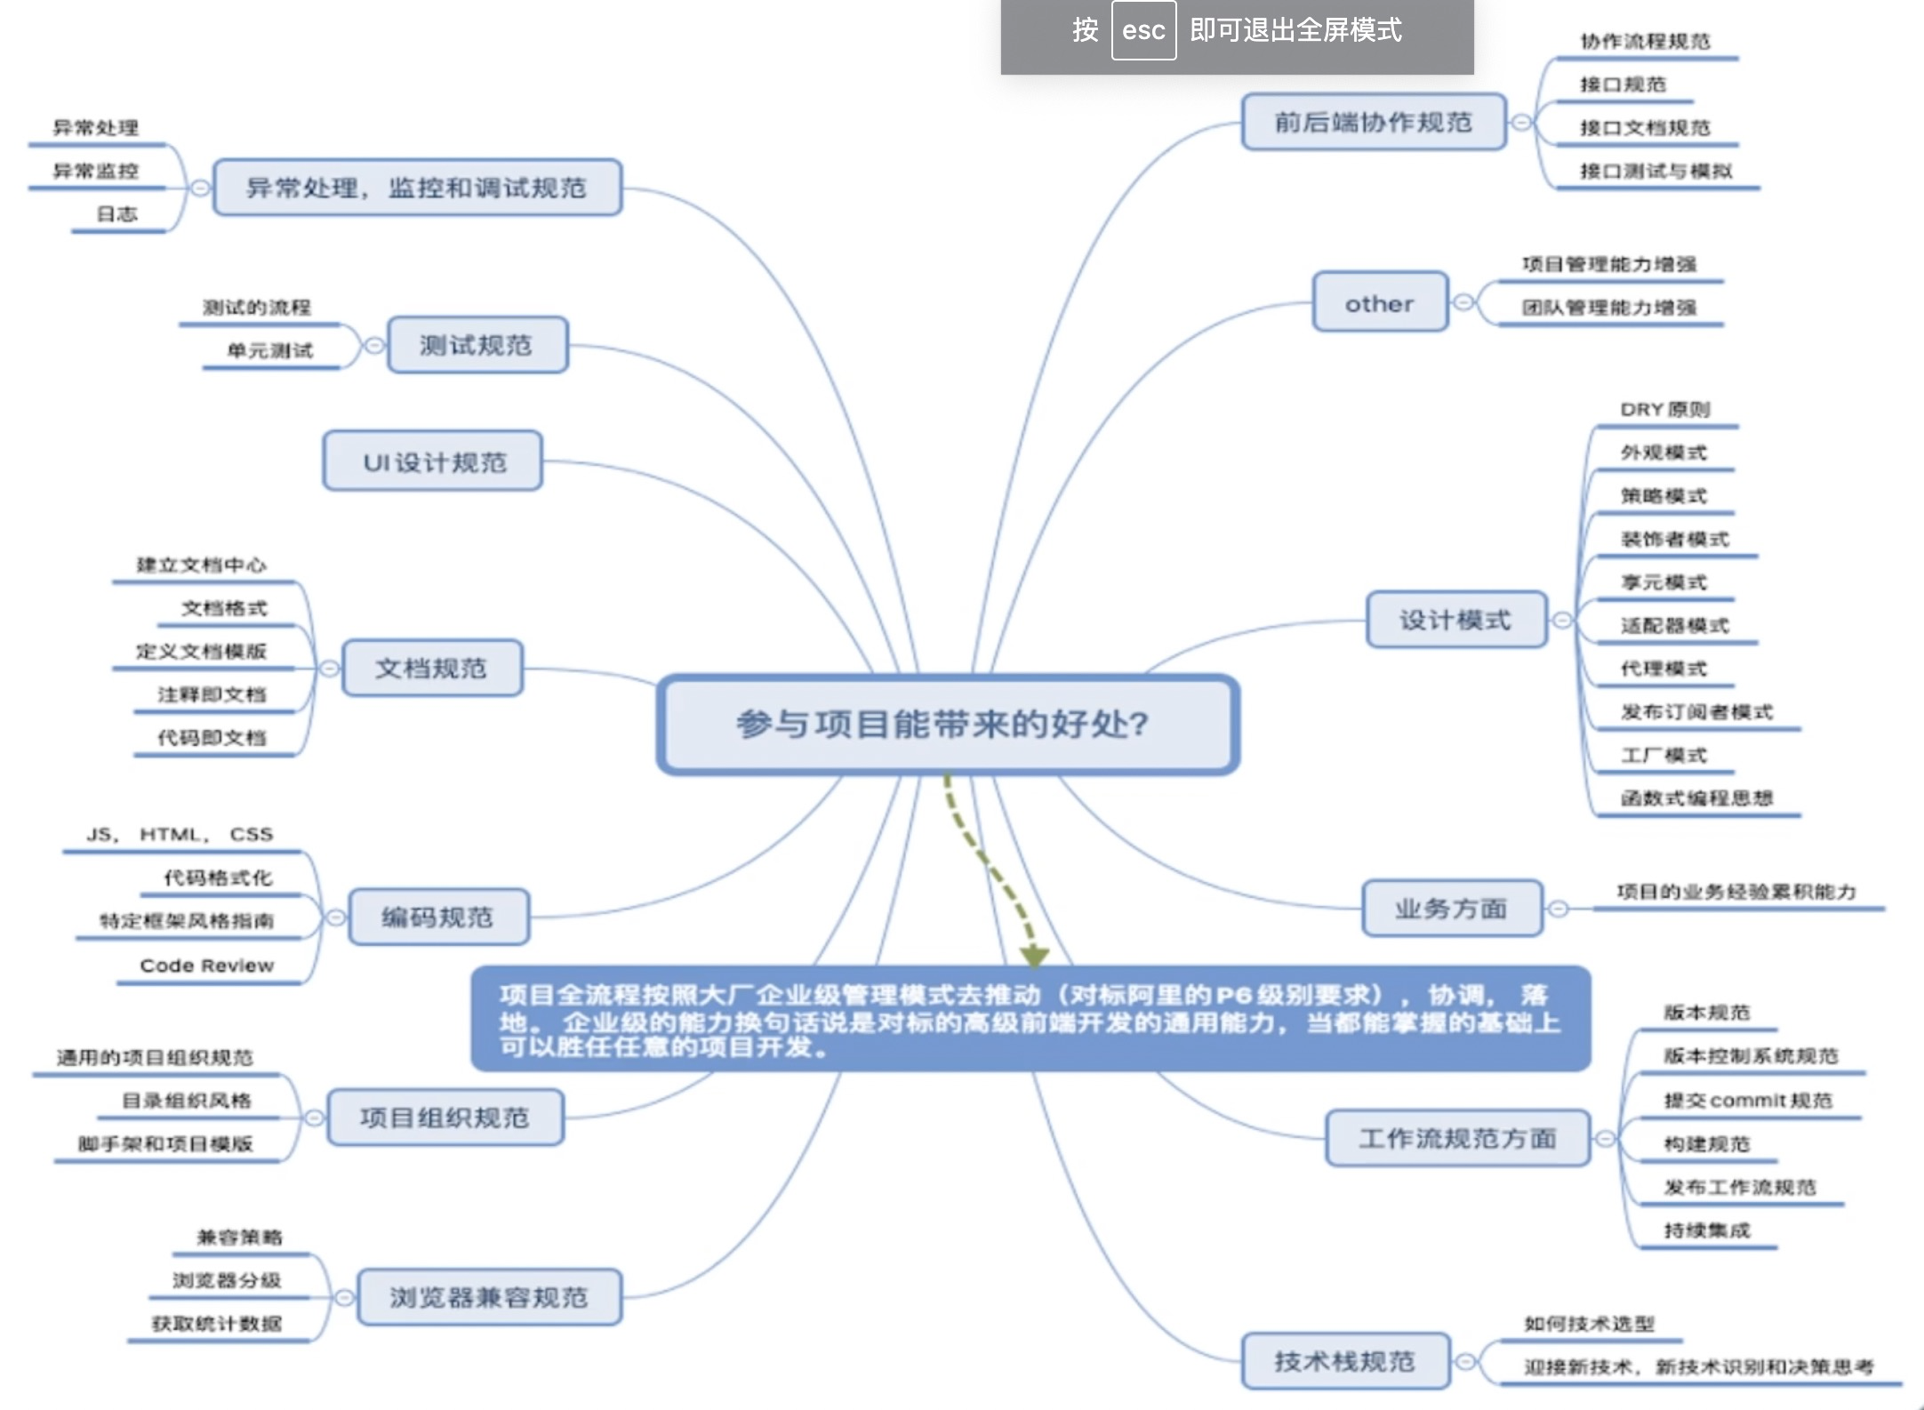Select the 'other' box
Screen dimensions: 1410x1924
pos(1379,303)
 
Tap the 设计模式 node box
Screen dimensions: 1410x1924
pos(1455,620)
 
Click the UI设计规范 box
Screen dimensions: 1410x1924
pos(433,461)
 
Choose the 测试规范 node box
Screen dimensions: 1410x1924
pos(477,345)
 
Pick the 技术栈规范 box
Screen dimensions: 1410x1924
pos(1344,1361)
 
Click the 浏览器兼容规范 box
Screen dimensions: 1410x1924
pos(489,1297)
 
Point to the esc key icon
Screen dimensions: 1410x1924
pos(1143,31)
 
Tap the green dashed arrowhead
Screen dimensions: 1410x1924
pos(1034,957)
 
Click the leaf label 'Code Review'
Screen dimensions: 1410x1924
pos(207,965)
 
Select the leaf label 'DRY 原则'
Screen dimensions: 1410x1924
pos(1664,410)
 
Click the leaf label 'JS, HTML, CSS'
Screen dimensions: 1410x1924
pos(180,835)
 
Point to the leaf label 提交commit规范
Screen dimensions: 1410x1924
pos(1748,1101)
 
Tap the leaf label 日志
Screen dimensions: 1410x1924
pos(117,214)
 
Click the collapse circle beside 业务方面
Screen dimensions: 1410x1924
pos(1558,909)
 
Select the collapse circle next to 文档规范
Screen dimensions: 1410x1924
pos(329,668)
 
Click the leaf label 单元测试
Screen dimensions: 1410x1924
pos(270,350)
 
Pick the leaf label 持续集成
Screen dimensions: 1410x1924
pos(1707,1230)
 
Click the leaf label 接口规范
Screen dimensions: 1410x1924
pos(1623,84)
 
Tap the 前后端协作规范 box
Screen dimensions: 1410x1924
pos(1373,122)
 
